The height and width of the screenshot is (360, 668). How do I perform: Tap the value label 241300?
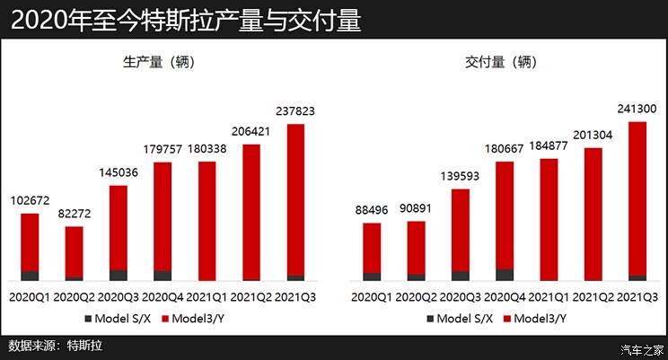point(637,109)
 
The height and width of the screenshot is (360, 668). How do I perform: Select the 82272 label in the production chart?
point(74,215)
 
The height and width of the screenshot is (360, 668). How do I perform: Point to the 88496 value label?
point(372,210)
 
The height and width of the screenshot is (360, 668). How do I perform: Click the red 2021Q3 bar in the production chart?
point(295,198)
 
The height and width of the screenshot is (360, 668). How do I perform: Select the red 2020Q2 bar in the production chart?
point(74,250)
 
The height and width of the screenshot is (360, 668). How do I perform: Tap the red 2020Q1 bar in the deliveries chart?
point(372,248)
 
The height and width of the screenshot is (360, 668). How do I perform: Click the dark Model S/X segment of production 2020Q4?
point(163,276)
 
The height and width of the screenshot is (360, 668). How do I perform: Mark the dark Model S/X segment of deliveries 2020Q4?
point(505,275)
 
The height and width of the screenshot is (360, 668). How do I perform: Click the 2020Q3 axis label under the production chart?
point(119,295)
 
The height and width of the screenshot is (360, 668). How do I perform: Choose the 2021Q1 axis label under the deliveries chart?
point(549,296)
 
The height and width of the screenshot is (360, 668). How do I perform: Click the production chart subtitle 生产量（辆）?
point(162,62)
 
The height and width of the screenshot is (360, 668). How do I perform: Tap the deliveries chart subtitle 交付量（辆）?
point(504,62)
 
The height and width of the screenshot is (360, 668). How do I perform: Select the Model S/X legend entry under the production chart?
point(120,318)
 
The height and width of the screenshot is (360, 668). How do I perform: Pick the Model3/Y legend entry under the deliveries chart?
point(536,318)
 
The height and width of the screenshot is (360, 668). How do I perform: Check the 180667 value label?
point(505,149)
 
